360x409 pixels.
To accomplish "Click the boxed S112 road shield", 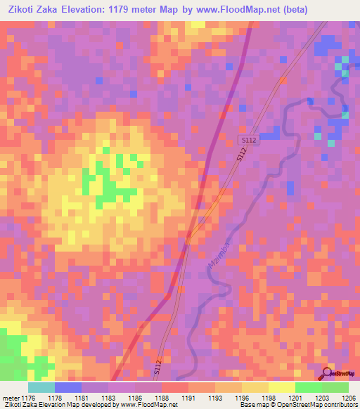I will pos(248,141).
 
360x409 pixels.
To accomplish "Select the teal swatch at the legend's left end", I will pos(41,387).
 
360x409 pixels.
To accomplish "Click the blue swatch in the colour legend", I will pos(68,387).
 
